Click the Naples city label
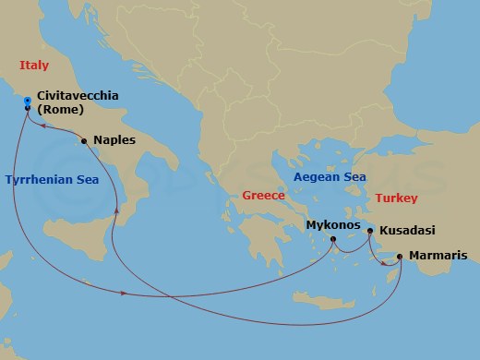tap(115, 141)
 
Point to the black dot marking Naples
tap(84, 141)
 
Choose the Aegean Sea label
tap(330, 176)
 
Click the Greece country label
tap(263, 196)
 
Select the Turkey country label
tap(396, 198)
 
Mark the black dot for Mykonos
tap(335, 246)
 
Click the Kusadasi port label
tap(406, 231)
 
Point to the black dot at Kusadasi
tap(370, 231)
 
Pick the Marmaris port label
tap(438, 256)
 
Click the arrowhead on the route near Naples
tap(116, 211)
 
